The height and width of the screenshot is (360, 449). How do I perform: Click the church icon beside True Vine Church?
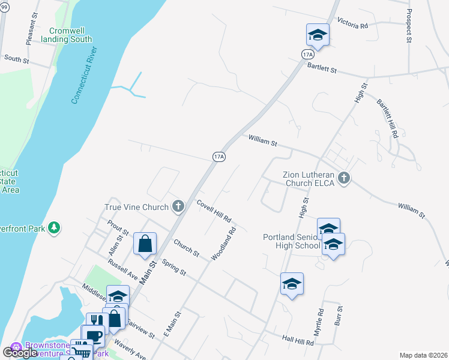178,207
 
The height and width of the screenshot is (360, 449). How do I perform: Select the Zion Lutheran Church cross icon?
343,178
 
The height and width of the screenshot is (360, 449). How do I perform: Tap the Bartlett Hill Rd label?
387,118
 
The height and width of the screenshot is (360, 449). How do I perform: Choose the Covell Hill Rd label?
214,211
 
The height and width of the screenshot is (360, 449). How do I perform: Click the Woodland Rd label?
224,243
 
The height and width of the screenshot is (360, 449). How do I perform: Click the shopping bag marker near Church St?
145,244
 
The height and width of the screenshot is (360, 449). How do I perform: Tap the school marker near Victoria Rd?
318,35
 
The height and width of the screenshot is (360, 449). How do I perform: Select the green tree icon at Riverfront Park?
55,227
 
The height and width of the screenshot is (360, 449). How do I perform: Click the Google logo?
20,353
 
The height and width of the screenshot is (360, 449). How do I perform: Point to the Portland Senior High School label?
292,241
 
